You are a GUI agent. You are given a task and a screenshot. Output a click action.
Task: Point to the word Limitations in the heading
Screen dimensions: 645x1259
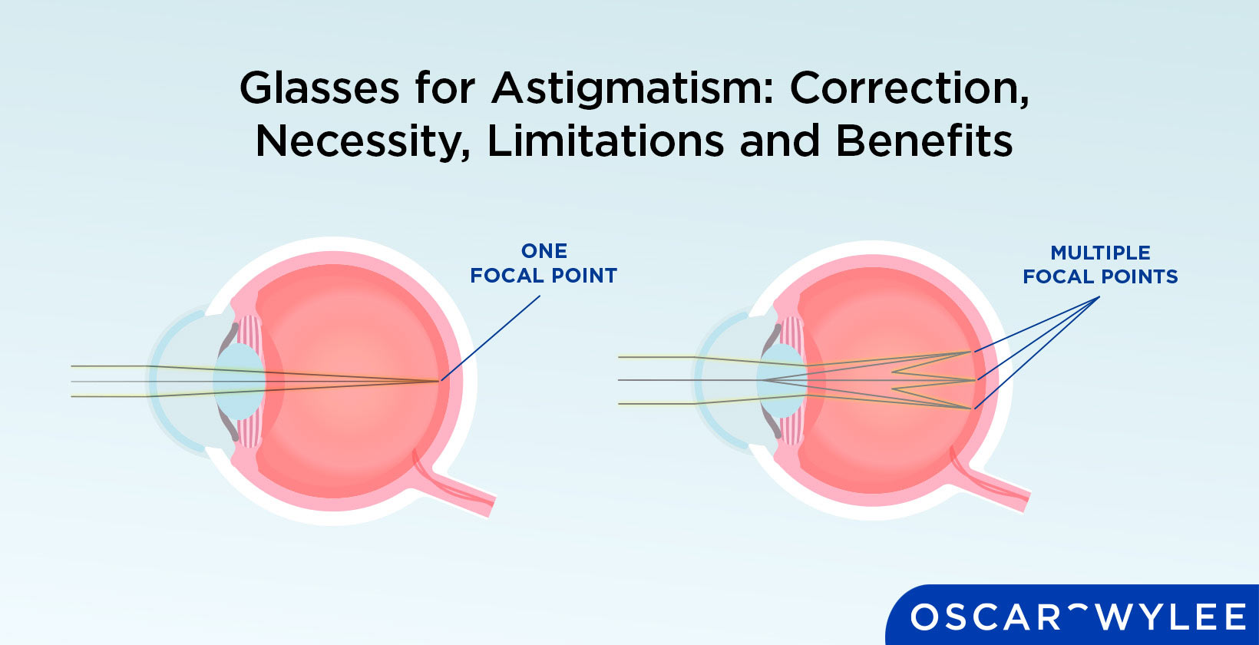point(606,141)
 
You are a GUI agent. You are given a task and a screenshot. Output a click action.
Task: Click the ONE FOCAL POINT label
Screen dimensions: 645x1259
point(544,263)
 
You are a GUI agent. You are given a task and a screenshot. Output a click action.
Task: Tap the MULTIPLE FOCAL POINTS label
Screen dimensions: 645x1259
point(1099,265)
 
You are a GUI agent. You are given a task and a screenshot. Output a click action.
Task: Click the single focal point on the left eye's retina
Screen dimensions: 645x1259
point(440,381)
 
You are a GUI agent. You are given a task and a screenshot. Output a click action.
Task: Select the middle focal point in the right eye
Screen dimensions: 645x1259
point(974,380)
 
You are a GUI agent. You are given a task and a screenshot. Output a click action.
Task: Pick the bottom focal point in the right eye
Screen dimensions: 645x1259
point(972,408)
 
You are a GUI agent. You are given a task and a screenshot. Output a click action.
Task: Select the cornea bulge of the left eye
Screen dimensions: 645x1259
point(165,381)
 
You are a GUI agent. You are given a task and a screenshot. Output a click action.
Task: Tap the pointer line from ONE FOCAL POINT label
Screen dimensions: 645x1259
point(491,338)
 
